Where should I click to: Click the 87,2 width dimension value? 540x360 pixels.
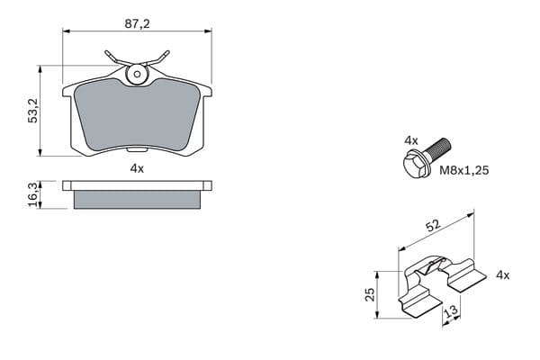pos(137,23)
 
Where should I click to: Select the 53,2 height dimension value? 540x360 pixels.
pos(33,111)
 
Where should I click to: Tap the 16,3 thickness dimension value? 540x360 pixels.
pos(33,194)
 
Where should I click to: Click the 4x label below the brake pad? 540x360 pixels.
pos(137,168)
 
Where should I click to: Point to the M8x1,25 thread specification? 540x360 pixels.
pos(463,170)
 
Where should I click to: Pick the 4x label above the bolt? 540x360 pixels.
pos(411,140)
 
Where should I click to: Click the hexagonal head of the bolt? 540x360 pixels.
pos(414,164)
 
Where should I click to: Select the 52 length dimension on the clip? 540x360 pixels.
pos(433,225)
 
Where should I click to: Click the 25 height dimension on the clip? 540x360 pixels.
pos(370,294)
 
